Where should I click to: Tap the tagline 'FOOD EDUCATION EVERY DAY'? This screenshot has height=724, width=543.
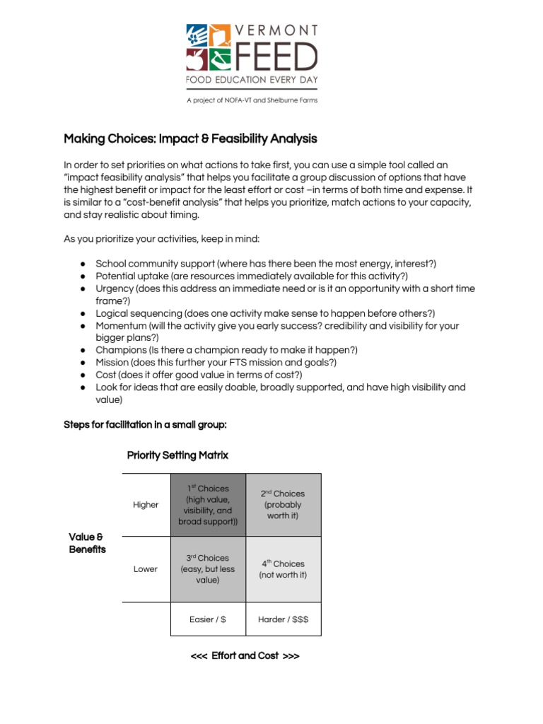252,81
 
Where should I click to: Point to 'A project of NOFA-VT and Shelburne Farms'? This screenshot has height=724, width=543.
252,100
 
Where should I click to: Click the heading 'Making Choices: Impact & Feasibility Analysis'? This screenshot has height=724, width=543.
190,139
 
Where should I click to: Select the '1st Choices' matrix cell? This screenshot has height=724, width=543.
208,505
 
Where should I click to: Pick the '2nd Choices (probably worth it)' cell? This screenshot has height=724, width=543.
283,505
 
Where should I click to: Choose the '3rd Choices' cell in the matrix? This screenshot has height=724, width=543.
208,569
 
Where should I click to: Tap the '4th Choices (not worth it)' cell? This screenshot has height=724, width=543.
283,569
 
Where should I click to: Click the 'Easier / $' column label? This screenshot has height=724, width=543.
208,619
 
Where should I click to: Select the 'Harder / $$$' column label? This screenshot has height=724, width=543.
283,619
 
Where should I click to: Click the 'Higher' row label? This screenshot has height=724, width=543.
146,505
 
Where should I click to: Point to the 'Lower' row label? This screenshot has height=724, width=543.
146,569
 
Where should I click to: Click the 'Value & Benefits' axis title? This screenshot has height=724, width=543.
88,543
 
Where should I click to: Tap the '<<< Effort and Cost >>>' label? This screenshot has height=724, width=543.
245,656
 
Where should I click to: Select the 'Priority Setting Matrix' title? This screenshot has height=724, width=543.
177,455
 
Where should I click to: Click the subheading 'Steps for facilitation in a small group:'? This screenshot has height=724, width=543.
145,425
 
